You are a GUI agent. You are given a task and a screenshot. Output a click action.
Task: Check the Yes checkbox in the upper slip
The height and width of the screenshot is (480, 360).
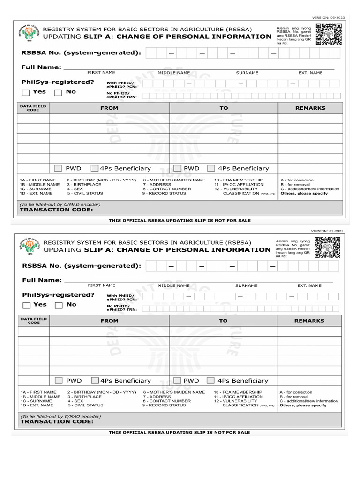(x=26, y=92)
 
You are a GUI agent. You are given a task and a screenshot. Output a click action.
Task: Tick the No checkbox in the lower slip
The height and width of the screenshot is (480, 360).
(x=59, y=305)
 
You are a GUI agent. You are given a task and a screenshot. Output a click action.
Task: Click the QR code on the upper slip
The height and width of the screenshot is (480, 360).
(x=328, y=34)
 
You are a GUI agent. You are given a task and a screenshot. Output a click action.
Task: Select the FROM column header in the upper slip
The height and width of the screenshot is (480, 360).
(x=109, y=108)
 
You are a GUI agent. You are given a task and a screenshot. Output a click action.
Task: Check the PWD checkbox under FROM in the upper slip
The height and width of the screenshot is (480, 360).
(x=58, y=168)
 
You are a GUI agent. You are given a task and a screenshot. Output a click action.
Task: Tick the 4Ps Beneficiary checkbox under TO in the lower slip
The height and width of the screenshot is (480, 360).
(x=211, y=381)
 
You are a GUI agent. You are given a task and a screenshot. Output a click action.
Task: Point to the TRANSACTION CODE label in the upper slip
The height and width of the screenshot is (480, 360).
(x=56, y=210)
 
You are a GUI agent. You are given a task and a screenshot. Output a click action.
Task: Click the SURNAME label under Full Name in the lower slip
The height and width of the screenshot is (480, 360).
(x=246, y=285)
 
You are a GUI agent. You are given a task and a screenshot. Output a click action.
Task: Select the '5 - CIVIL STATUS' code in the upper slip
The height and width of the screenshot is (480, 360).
(x=85, y=194)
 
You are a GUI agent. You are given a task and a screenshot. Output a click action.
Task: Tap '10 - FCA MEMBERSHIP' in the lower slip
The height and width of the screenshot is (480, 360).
(x=238, y=392)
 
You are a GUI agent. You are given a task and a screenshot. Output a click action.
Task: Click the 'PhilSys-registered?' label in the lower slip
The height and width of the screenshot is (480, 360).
(x=58, y=295)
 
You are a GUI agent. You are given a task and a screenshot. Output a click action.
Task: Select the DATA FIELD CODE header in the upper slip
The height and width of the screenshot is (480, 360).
(x=33, y=108)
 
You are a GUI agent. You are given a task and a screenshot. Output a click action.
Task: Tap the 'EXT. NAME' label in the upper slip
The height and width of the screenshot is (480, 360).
(x=310, y=73)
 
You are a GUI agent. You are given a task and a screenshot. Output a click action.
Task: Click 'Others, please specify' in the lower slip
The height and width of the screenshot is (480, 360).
(x=303, y=405)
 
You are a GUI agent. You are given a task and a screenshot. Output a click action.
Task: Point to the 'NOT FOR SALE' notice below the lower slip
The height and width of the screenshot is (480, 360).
(x=180, y=432)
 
